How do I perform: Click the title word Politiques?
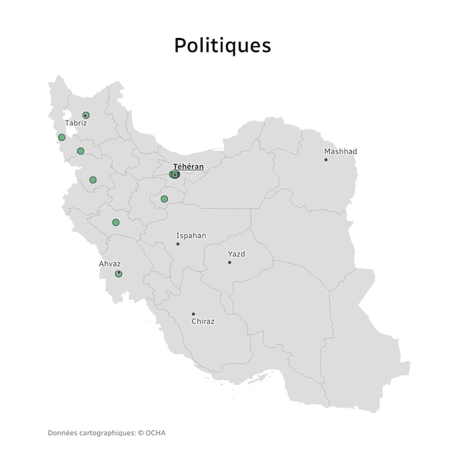pyautogui.click(x=222, y=45)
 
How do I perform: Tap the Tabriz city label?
pyautogui.click(x=76, y=123)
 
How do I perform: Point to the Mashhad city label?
pyautogui.click(x=340, y=151)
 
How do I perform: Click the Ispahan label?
pyautogui.click(x=191, y=235)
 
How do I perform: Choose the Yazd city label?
pyautogui.click(x=236, y=254)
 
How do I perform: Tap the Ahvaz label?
pyautogui.click(x=110, y=264)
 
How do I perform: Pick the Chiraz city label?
pyautogui.click(x=203, y=322)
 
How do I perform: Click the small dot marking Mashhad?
pyautogui.click(x=326, y=159)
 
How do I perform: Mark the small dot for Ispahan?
pyautogui.click(x=178, y=244)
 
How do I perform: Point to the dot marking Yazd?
pyautogui.click(x=229, y=262)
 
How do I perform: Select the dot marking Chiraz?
pyautogui.click(x=193, y=314)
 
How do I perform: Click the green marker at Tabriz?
pyautogui.click(x=85, y=115)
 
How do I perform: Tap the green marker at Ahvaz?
pyautogui.click(x=119, y=273)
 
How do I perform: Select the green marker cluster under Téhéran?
pyautogui.click(x=174, y=174)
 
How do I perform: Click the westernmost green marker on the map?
pyautogui.click(x=62, y=138)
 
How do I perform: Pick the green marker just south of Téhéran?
pyautogui.click(x=165, y=199)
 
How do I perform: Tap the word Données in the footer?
pyautogui.click(x=62, y=433)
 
